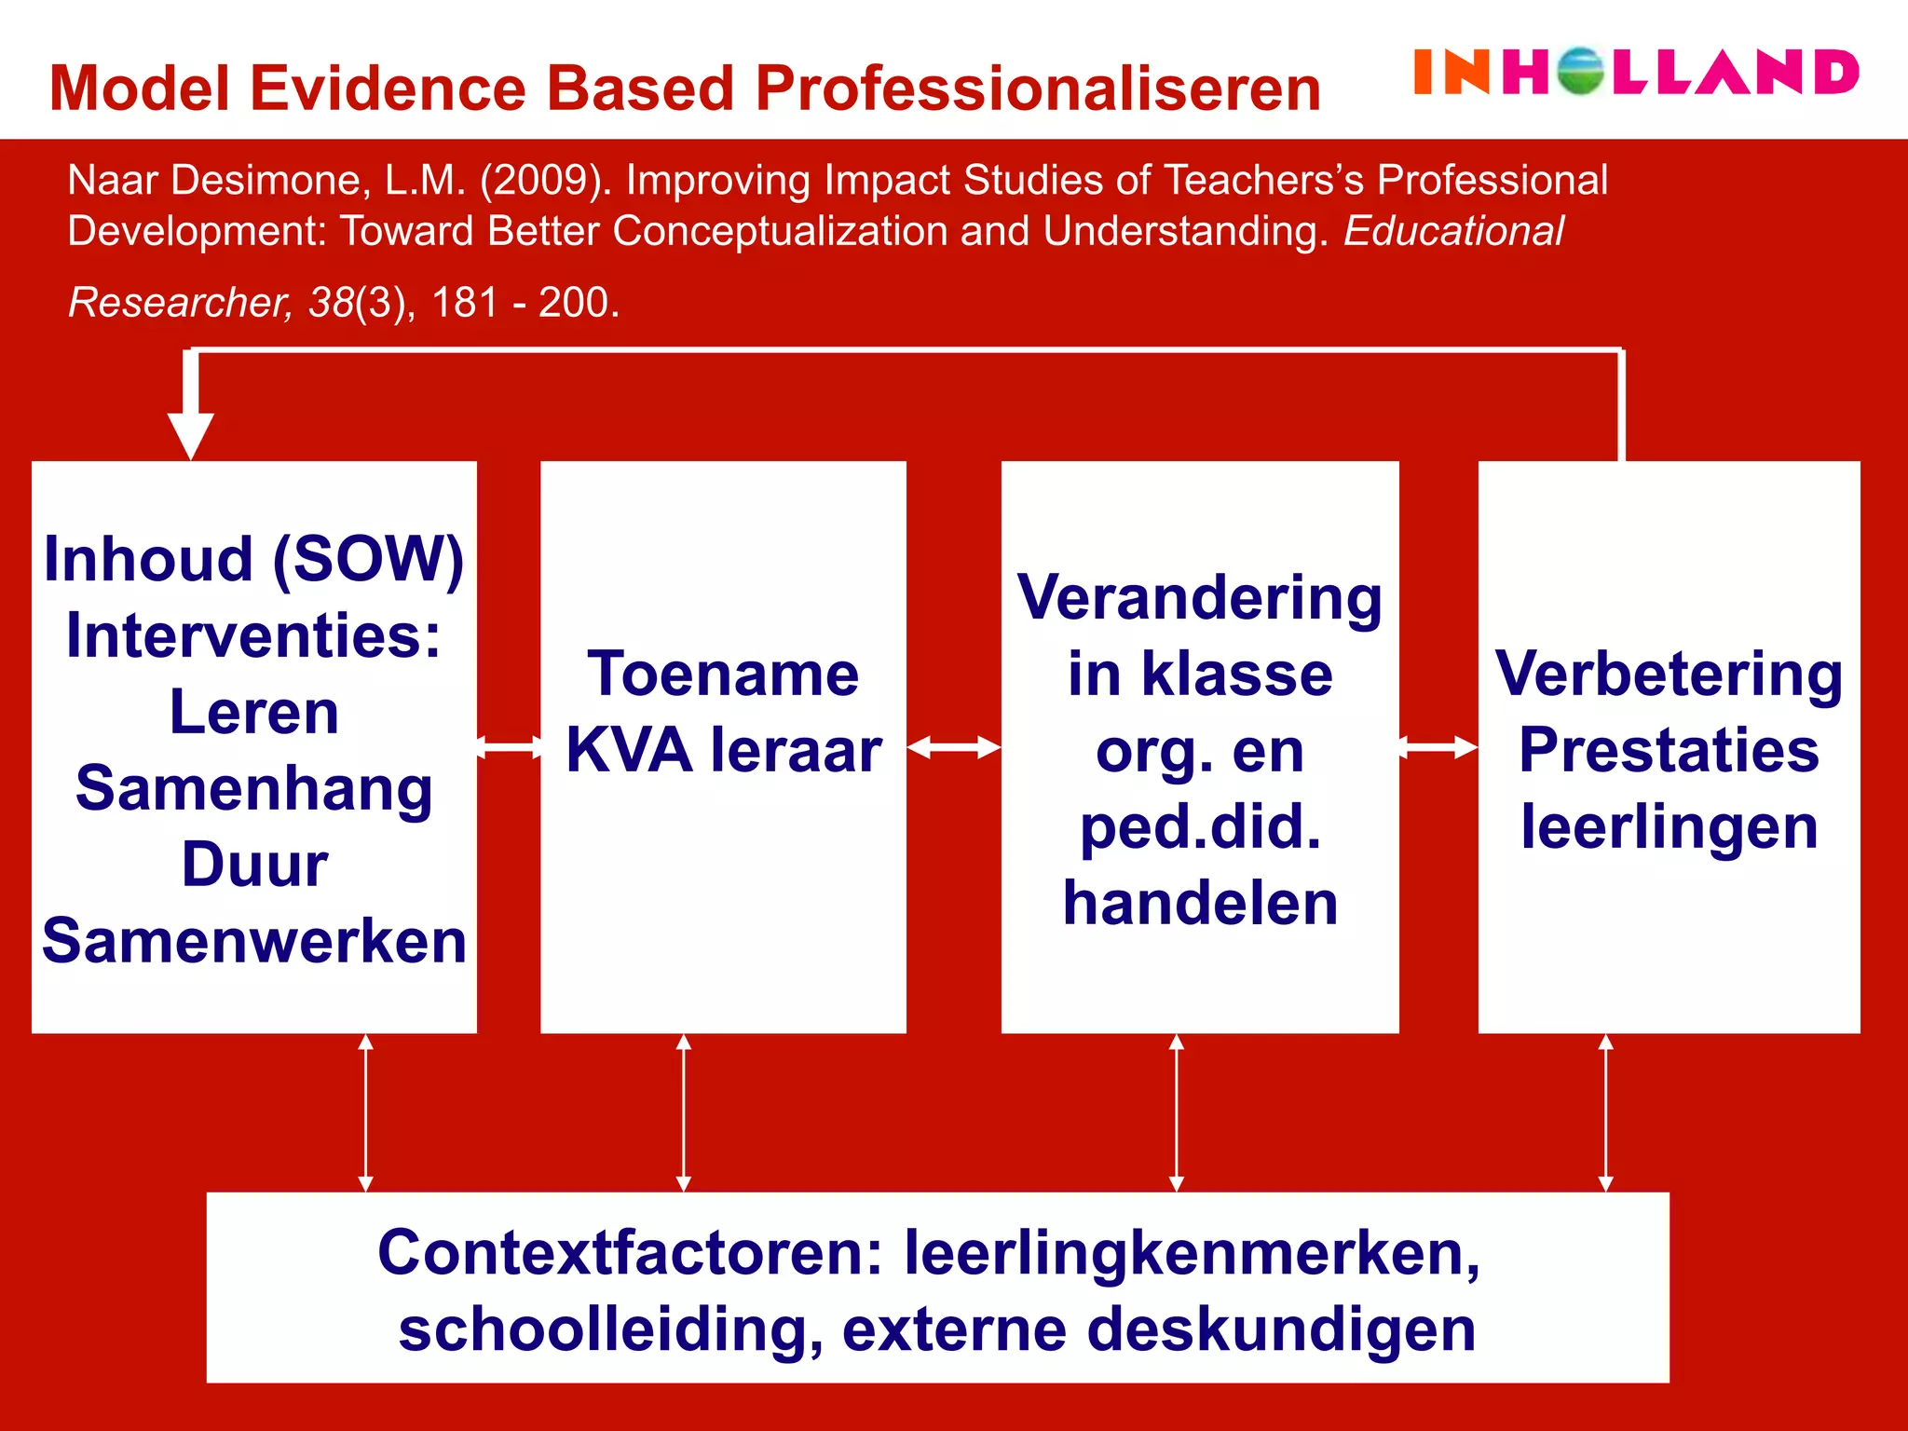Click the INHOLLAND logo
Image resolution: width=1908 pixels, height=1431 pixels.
pyautogui.click(x=1636, y=73)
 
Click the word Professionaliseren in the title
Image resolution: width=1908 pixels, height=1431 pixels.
pyautogui.click(x=1038, y=89)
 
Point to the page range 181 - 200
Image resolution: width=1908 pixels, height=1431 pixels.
pyautogui.click(x=525, y=303)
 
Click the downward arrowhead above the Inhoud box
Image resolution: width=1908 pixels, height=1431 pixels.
pyautogui.click(x=191, y=434)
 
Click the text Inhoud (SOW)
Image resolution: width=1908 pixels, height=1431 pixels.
pyautogui.click(x=253, y=559)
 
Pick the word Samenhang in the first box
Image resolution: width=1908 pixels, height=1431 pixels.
pyautogui.click(x=253, y=788)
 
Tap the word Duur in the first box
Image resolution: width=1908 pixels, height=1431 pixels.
pyautogui.click(x=254, y=865)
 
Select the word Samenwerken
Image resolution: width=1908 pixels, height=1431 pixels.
pyautogui.click(x=254, y=941)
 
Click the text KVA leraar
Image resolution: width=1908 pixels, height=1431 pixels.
pyautogui.click(x=724, y=751)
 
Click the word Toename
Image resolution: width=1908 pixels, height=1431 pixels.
pyautogui.click(x=724, y=674)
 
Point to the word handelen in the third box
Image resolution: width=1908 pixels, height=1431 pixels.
pyautogui.click(x=1200, y=904)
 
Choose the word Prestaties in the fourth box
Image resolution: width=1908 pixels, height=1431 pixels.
pyautogui.click(x=1669, y=751)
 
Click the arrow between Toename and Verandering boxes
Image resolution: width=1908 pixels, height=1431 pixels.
pyautogui.click(x=953, y=747)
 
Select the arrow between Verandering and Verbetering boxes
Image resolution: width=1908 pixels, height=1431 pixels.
pyautogui.click(x=1438, y=747)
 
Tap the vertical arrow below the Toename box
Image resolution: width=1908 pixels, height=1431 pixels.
pyautogui.click(x=684, y=1112)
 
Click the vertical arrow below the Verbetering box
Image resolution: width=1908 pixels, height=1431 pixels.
pyautogui.click(x=1605, y=1112)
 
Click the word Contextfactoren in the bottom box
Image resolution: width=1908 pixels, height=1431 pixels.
pyautogui.click(x=630, y=1253)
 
